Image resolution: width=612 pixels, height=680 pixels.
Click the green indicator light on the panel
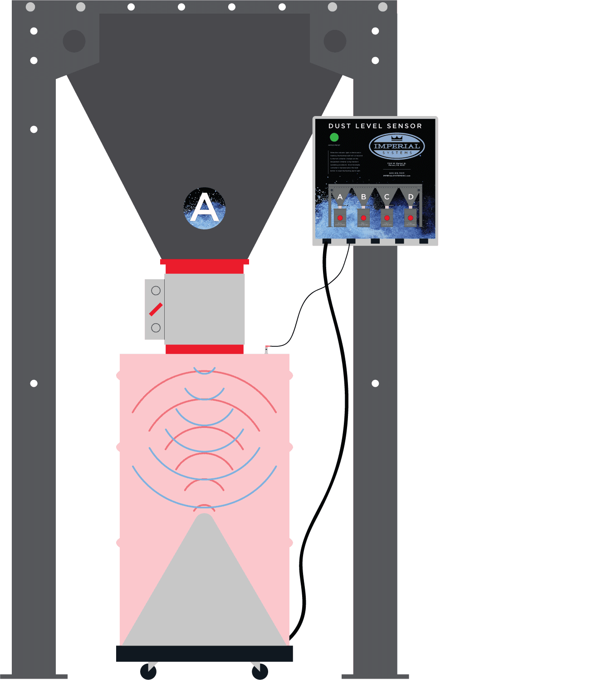[334, 137]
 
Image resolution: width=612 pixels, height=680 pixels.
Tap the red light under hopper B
[363, 218]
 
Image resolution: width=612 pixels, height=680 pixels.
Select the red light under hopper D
[411, 218]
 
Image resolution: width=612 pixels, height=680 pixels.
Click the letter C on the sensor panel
[387, 197]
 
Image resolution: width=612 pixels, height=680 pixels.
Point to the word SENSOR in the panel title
[404, 126]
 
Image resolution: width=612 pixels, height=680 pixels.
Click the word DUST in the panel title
[339, 126]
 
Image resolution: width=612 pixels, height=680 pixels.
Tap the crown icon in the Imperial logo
[397, 138]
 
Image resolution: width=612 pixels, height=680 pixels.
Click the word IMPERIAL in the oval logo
[397, 146]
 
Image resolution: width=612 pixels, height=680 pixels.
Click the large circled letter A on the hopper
[205, 208]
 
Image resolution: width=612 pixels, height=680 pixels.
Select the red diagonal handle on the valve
[156, 309]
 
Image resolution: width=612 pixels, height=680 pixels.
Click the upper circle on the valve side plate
[156, 291]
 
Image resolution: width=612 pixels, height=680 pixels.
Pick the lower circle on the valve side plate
[156, 328]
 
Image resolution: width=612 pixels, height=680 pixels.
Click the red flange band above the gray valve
[205, 266]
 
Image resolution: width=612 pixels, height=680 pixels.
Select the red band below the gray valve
[205, 349]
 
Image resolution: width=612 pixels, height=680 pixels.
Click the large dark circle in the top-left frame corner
[74, 41]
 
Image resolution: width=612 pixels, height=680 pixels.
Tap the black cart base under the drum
[205, 653]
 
